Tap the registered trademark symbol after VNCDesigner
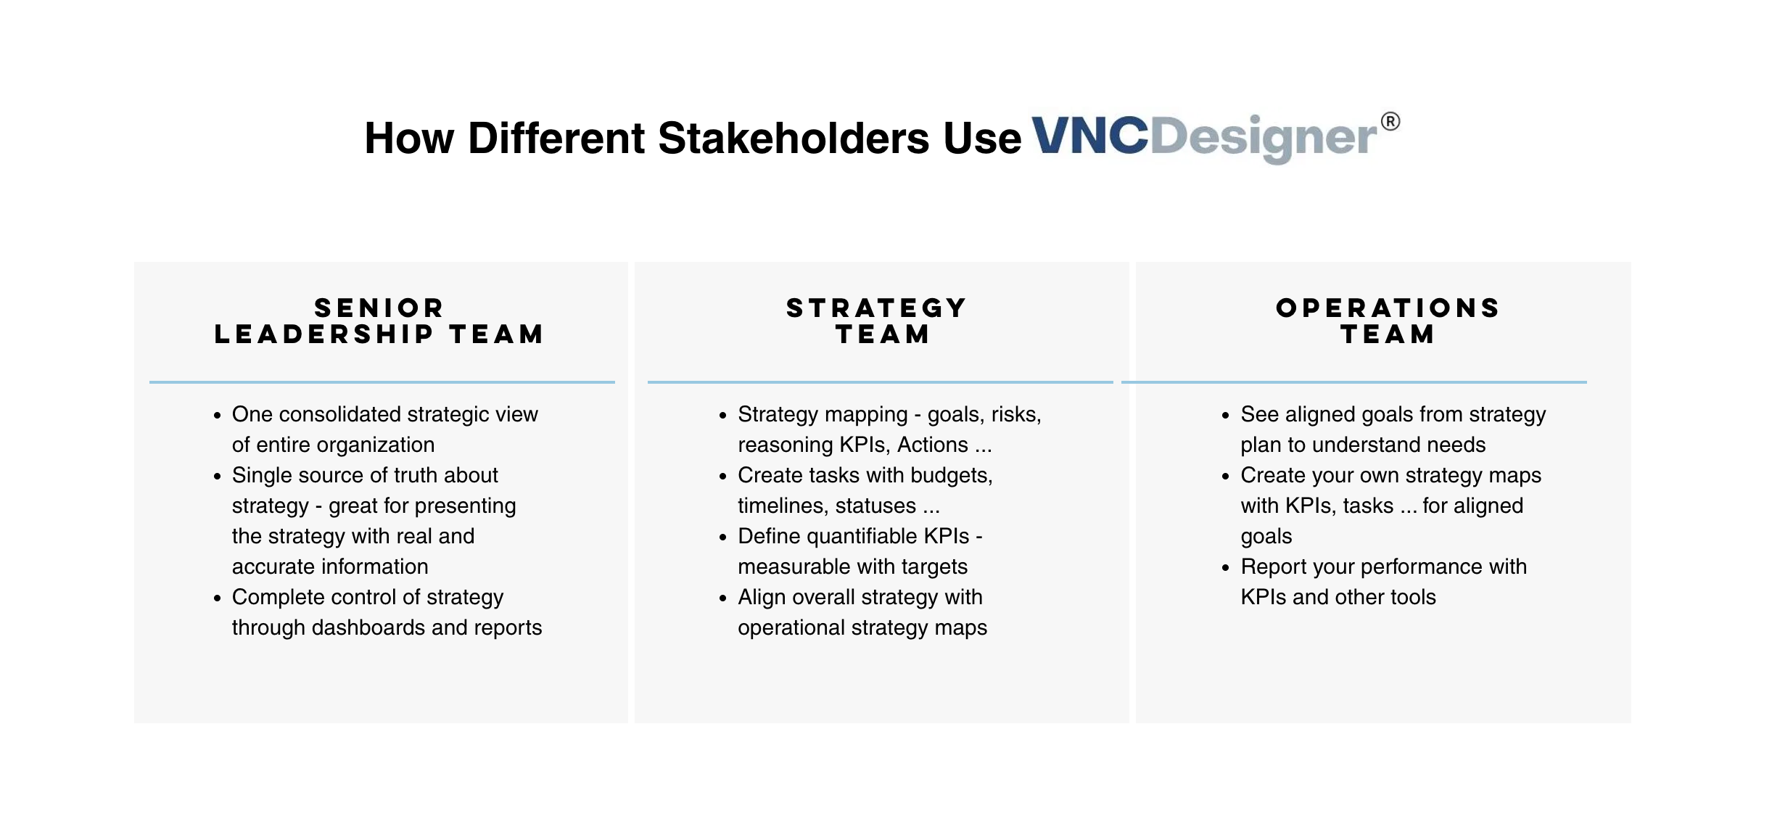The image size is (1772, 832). pos(1390,121)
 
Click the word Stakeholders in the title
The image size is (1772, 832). pos(793,138)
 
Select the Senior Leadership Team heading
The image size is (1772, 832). pos(379,321)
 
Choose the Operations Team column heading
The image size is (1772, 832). pos(1388,321)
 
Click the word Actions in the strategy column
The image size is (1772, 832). pos(933,445)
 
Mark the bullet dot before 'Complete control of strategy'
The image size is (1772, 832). pos(217,598)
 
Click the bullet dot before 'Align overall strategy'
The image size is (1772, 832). pos(722,598)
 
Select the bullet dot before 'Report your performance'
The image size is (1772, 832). pos(1225,568)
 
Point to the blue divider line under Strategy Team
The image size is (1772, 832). pos(881,382)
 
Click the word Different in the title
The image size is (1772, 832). pos(556,138)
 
